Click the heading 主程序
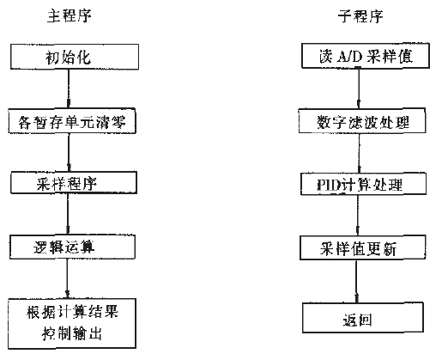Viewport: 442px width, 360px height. point(67,15)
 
